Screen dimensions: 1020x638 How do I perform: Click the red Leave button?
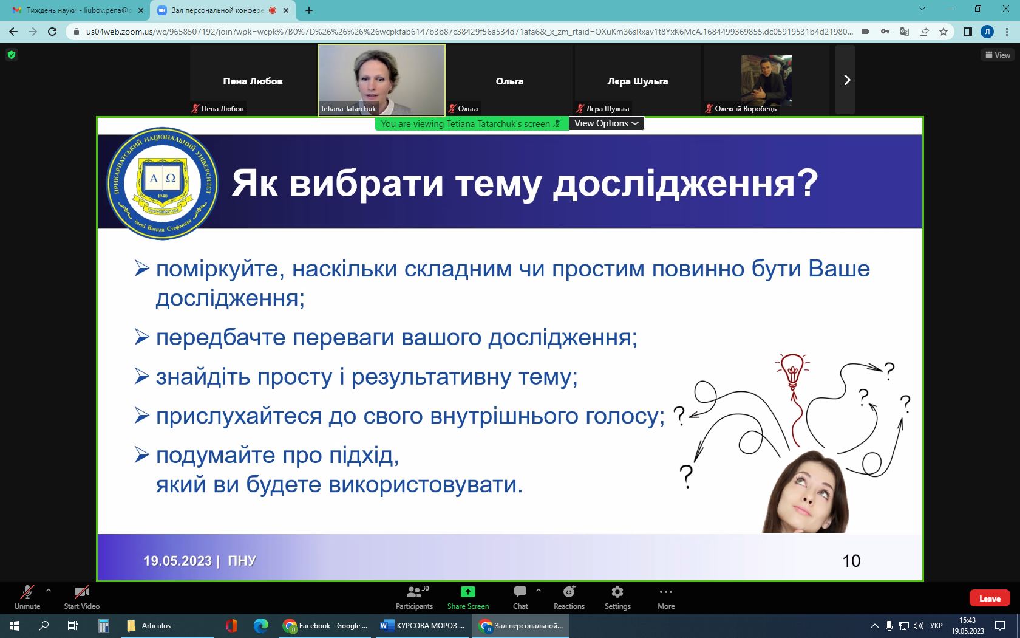pyautogui.click(x=990, y=599)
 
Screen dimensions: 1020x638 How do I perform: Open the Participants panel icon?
pyautogui.click(x=414, y=592)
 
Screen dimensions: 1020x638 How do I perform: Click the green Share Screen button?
pyautogui.click(x=467, y=592)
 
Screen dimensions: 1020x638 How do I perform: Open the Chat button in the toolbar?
pyautogui.click(x=520, y=592)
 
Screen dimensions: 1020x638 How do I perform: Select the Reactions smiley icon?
pyautogui.click(x=569, y=592)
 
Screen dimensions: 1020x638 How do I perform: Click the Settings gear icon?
pyautogui.click(x=617, y=592)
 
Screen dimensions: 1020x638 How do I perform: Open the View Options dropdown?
pyautogui.click(x=607, y=123)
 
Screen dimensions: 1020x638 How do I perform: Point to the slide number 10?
pyautogui.click(x=851, y=561)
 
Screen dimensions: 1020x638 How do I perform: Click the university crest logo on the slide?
pyautogui.click(x=162, y=184)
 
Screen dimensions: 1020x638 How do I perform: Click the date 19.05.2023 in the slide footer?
pyautogui.click(x=177, y=560)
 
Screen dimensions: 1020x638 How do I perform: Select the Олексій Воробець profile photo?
pyautogui.click(x=766, y=80)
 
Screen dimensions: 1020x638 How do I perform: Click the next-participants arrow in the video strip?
pyautogui.click(x=846, y=80)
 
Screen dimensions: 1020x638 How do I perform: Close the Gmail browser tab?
pyautogui.click(x=141, y=10)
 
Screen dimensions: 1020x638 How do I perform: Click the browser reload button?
pyautogui.click(x=52, y=32)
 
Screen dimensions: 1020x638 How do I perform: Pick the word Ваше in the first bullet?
pyautogui.click(x=839, y=269)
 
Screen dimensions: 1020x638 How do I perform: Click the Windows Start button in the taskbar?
pyautogui.click(x=15, y=626)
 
